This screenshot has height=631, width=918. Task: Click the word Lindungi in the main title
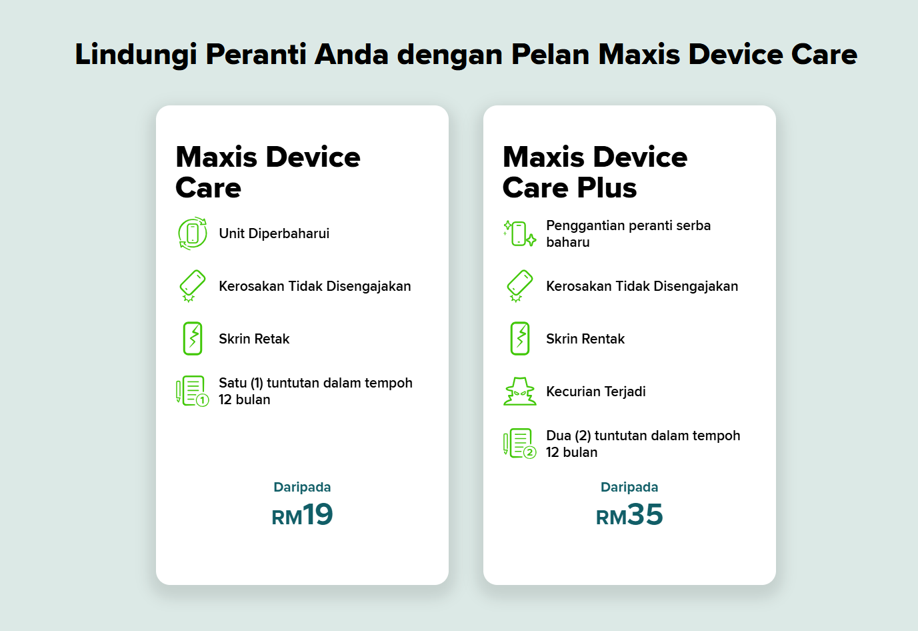[x=135, y=55]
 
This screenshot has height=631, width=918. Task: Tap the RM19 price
[x=302, y=515]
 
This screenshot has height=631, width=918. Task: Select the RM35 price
[x=629, y=515]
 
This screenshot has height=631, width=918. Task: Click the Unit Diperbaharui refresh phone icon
[x=193, y=233]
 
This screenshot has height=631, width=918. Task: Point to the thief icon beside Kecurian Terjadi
[x=520, y=392]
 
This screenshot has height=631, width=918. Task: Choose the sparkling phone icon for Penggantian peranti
[x=520, y=233]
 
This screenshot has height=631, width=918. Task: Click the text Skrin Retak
[x=254, y=339]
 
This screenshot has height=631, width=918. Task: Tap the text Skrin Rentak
[x=585, y=339]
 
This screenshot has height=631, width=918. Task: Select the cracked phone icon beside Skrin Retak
[x=193, y=338]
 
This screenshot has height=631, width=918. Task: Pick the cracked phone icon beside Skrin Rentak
[x=520, y=338]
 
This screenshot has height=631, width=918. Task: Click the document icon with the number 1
[x=193, y=391]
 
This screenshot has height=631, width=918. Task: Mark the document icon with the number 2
[x=520, y=444]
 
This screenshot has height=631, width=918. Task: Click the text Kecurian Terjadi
[x=596, y=392]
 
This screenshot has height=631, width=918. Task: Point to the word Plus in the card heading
[x=607, y=188]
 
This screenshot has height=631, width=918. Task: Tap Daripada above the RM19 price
[x=302, y=487]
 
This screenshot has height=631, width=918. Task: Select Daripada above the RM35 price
[x=629, y=487]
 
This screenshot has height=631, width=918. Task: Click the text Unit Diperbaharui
[x=274, y=233]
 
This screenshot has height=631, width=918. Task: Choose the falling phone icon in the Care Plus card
[x=520, y=285]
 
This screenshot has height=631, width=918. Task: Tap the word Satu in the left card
[x=233, y=383]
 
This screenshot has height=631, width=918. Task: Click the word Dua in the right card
[x=559, y=436]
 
